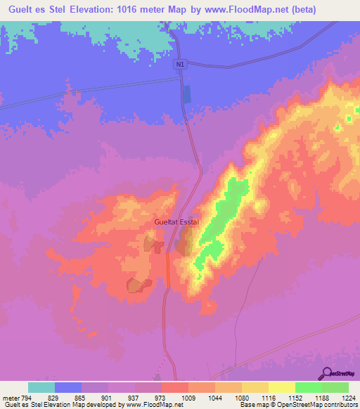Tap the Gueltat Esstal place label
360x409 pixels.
click(177, 222)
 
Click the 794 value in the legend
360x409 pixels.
click(28, 397)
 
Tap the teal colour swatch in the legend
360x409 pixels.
click(41, 387)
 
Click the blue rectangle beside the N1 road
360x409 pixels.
click(186, 94)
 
